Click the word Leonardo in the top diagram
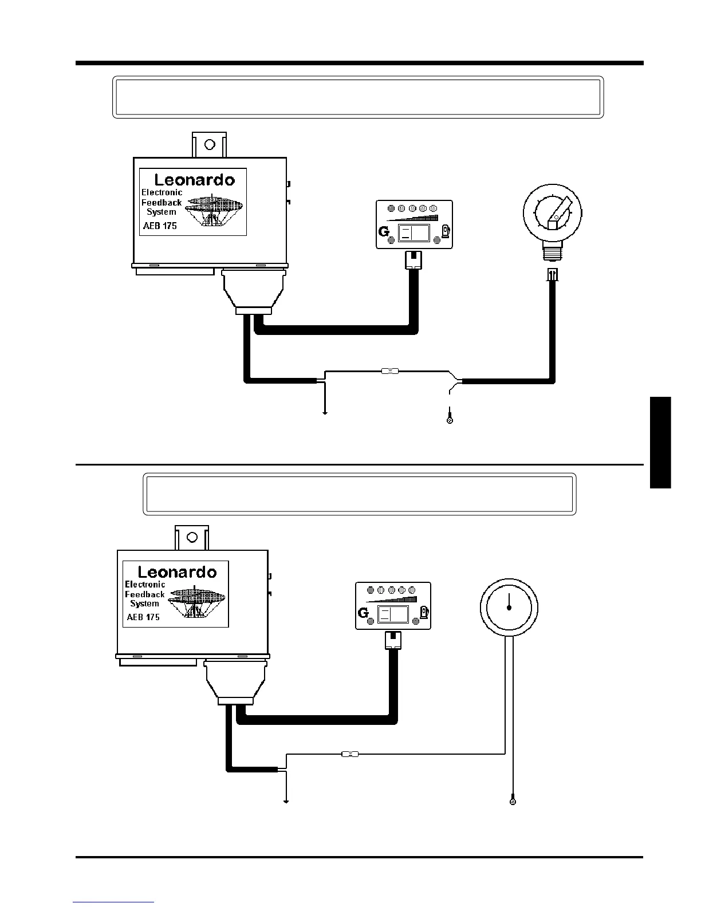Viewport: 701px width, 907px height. (194, 179)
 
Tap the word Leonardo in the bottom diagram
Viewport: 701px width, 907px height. (178, 571)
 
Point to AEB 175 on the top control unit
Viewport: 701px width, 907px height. (160, 226)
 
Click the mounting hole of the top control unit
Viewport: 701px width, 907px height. (210, 144)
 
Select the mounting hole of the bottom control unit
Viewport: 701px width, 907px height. (192, 537)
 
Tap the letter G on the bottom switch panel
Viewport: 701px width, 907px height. (363, 613)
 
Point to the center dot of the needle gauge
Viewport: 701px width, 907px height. (509, 608)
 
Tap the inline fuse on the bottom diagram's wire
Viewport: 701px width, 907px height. (349, 754)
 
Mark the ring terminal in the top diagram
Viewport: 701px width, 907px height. (450, 421)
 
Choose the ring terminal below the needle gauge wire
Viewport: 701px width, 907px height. (513, 801)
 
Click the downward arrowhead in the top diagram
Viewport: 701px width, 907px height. (325, 412)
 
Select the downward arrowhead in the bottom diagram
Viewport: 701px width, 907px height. (285, 800)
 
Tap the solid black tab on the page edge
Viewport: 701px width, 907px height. (660, 442)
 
